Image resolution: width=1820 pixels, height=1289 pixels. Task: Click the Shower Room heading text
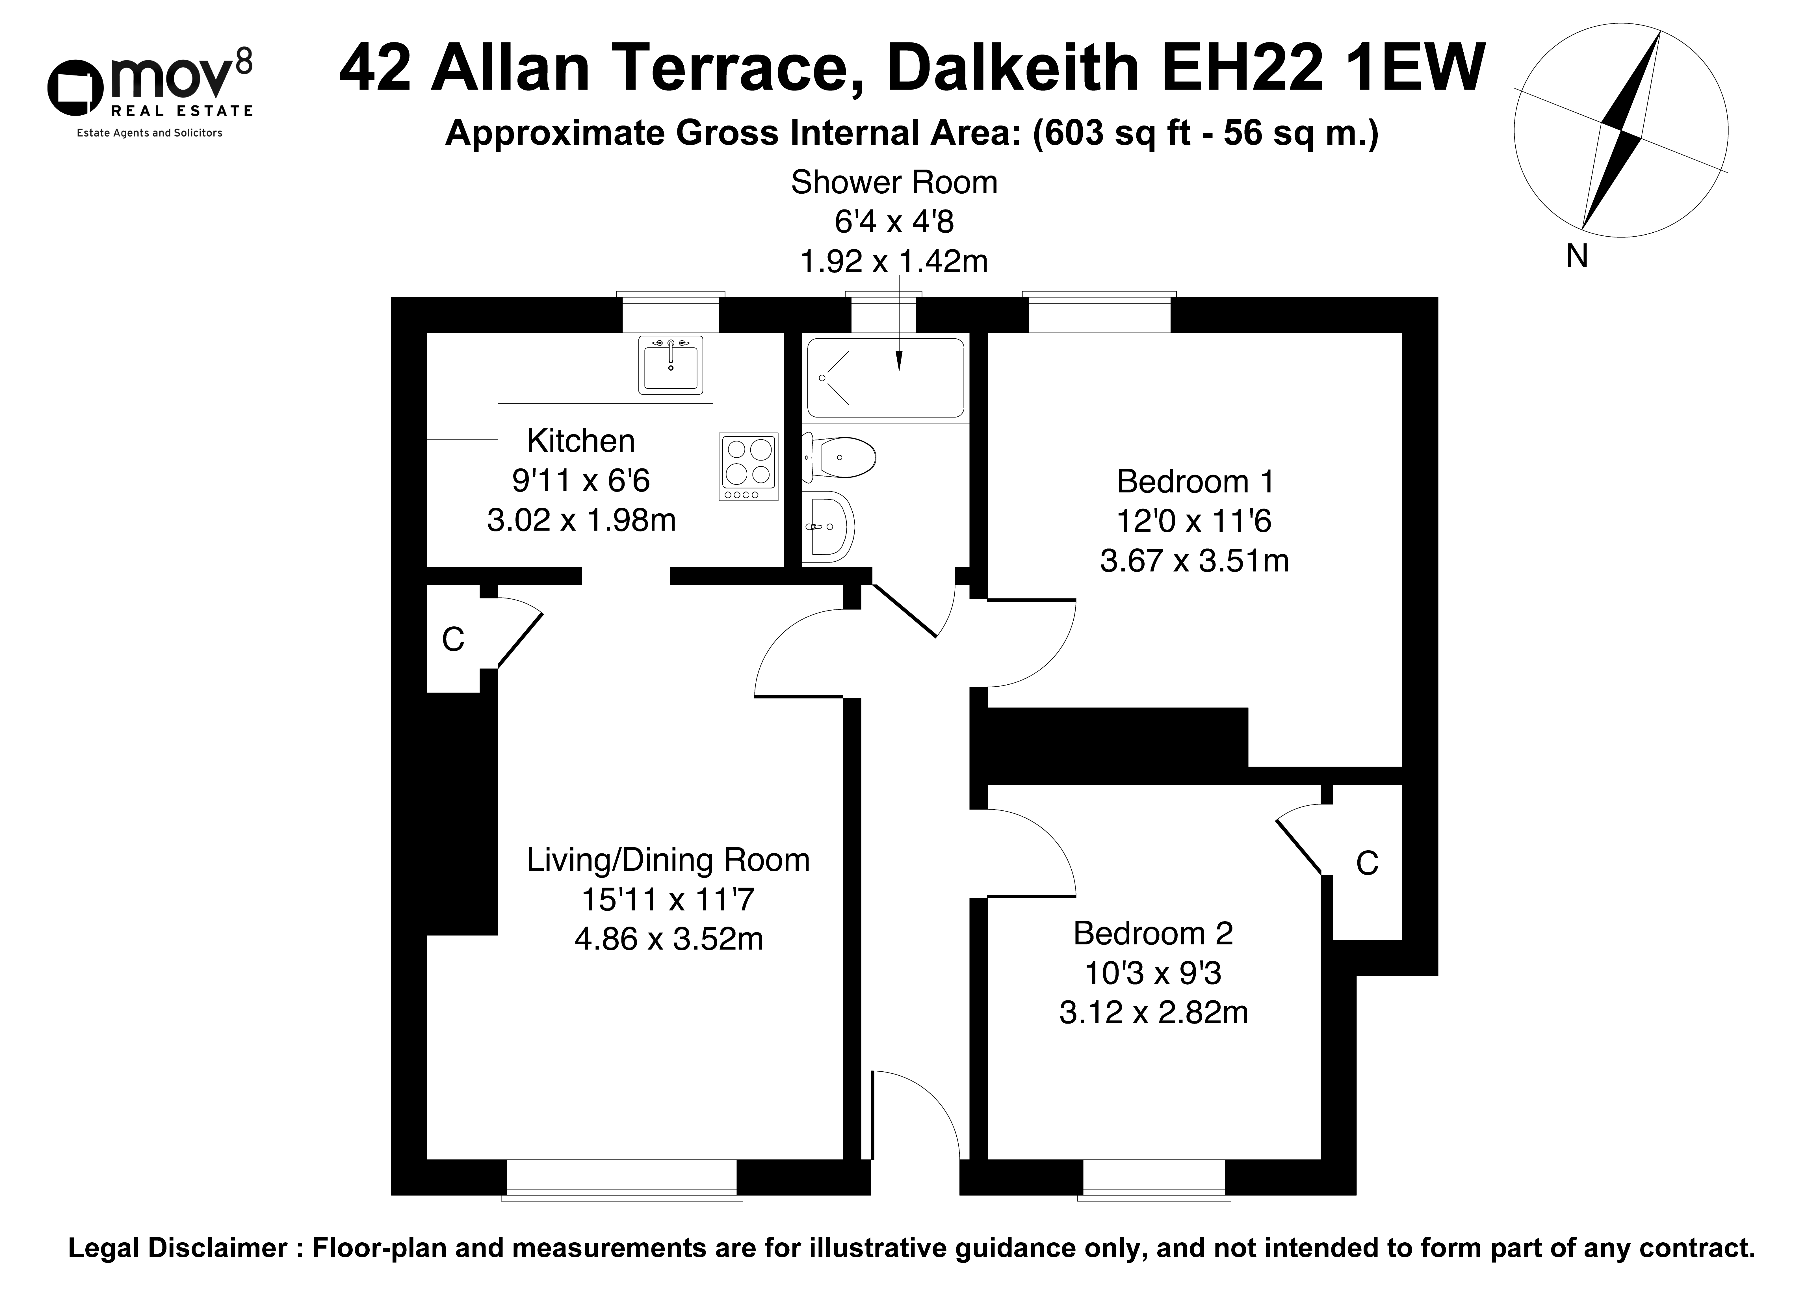coord(894,183)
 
